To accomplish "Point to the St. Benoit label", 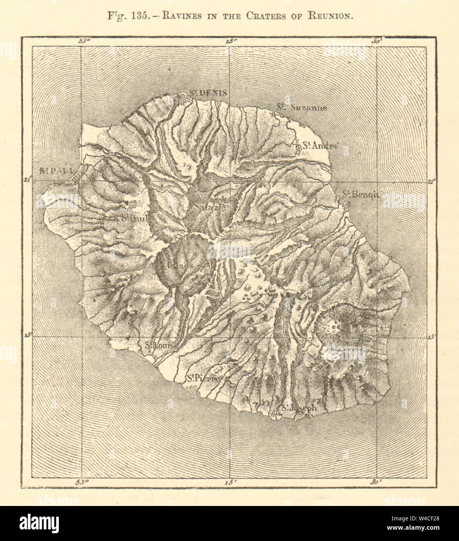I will (361, 195).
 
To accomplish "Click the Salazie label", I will (211, 207).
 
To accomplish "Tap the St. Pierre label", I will (203, 377).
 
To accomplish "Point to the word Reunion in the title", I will (332, 16).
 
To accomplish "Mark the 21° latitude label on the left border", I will (27, 179).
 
